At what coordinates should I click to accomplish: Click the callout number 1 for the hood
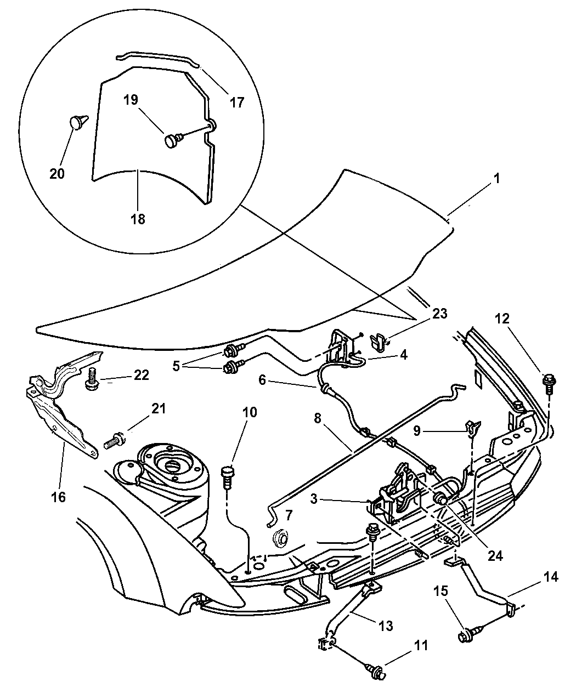tap(496, 179)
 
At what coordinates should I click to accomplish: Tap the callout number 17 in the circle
tap(236, 102)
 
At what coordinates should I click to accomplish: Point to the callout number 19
tap(131, 100)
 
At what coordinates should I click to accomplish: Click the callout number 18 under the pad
tap(138, 219)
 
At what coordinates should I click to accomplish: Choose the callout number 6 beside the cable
tap(262, 379)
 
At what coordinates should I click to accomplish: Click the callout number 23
tap(439, 314)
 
